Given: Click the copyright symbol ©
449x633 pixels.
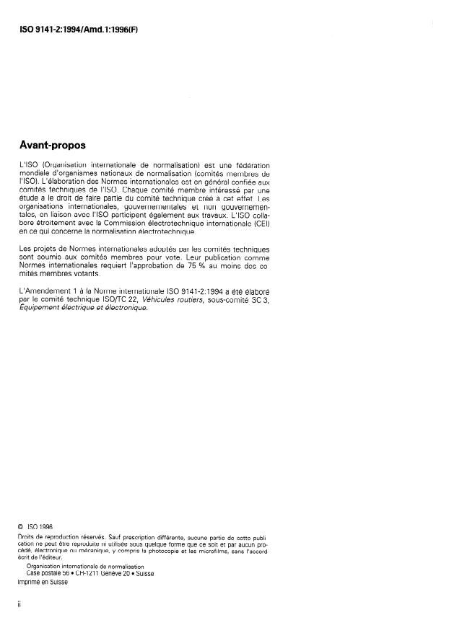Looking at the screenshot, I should click(x=21, y=528).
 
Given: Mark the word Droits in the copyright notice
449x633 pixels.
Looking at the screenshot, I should click(x=27, y=538).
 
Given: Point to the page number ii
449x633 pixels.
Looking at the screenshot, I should click(x=19, y=606).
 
